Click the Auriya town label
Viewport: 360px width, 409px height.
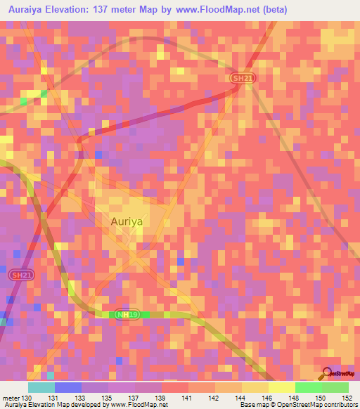pyautogui.click(x=127, y=221)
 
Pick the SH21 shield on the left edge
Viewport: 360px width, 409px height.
pyautogui.click(x=21, y=276)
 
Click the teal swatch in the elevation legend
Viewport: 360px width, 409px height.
pyautogui.click(x=41, y=387)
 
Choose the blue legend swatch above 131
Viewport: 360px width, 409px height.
pyautogui.click(x=68, y=387)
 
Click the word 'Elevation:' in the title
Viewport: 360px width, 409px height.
pyautogui.click(x=75, y=11)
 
